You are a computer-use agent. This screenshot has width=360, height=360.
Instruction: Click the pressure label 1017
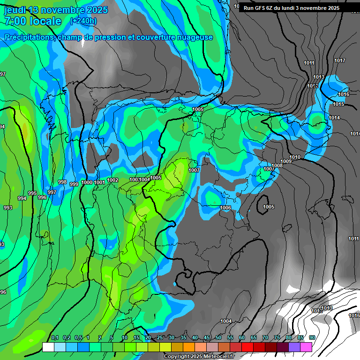click(x=340, y=61)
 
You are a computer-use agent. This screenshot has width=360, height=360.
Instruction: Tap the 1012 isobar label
click(x=313, y=86)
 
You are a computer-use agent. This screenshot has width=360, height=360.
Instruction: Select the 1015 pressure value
click(x=338, y=104)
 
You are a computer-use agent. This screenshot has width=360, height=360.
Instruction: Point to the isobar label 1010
click(x=295, y=157)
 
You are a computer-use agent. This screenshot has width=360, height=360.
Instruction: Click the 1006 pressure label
click(x=225, y=208)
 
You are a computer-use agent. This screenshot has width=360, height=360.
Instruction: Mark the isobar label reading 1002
click(x=112, y=180)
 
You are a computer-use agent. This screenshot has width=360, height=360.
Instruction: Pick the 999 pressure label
click(x=74, y=185)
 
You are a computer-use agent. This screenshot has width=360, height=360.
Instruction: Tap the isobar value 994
click(x=22, y=199)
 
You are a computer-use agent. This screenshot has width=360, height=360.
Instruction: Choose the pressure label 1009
click(x=286, y=162)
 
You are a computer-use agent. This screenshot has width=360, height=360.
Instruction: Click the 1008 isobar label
click(x=277, y=165)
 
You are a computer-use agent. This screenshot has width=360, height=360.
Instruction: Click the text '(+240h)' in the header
click(x=83, y=21)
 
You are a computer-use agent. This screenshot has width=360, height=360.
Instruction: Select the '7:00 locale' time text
click(x=33, y=22)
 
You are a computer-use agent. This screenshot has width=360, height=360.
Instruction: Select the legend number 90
click(x=312, y=338)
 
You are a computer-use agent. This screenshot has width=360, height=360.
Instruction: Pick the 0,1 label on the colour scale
click(x=54, y=338)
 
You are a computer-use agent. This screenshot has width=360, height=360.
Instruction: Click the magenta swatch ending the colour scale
click(x=306, y=347)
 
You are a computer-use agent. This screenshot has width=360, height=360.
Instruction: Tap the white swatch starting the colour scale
click(x=48, y=347)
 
